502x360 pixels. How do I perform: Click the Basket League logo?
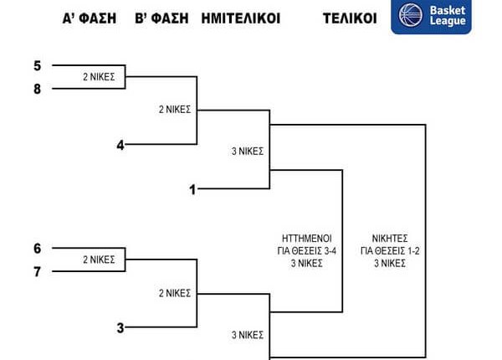[x=431, y=17]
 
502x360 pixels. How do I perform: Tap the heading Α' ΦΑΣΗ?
[x=90, y=18]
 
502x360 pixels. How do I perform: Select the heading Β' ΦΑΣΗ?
[x=161, y=18]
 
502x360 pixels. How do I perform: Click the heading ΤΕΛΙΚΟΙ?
[x=350, y=18]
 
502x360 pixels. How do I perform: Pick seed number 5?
[x=37, y=65]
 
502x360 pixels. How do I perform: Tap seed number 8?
[x=37, y=88]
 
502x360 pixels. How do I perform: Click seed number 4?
[x=120, y=145]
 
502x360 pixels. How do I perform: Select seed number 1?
[x=192, y=189]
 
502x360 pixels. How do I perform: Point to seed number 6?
[x=37, y=249]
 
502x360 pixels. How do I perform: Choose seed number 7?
[x=37, y=271]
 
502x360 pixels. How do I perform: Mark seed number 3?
[x=120, y=327]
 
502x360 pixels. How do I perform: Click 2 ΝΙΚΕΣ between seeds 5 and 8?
[x=98, y=77]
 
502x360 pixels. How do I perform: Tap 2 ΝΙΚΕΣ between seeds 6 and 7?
[x=98, y=260]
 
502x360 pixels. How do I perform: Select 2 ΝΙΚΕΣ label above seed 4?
[x=175, y=109]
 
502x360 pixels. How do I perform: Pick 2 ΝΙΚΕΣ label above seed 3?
[x=175, y=293]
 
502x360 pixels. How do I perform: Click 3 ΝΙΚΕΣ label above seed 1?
[x=247, y=152]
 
